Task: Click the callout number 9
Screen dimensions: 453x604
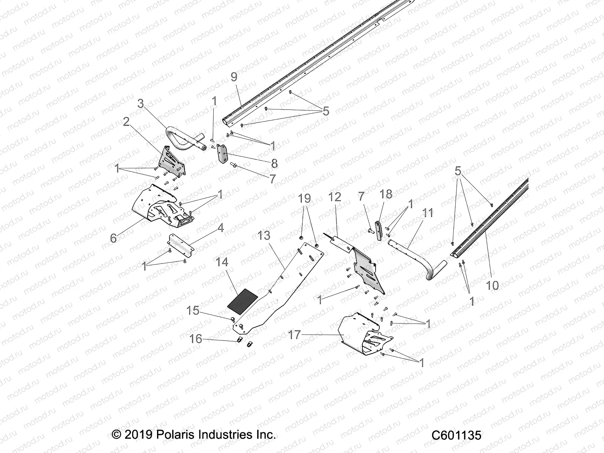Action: click(x=234, y=77)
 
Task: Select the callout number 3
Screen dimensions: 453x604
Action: click(x=140, y=103)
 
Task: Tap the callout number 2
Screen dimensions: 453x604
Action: click(x=126, y=122)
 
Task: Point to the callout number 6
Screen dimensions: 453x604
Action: click(x=113, y=238)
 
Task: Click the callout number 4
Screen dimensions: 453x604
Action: click(x=220, y=228)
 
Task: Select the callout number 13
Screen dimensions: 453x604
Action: click(x=264, y=235)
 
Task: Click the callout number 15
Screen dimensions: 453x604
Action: click(x=193, y=310)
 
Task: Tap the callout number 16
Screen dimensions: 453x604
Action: click(x=196, y=339)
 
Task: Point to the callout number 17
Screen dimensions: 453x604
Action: click(x=294, y=334)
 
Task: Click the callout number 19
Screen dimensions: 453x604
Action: click(x=304, y=198)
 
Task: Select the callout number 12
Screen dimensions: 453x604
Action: click(x=334, y=197)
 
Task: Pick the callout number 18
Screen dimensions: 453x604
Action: click(x=386, y=194)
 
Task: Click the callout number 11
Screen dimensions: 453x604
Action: click(x=428, y=213)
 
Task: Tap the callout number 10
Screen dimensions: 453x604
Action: click(x=492, y=285)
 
